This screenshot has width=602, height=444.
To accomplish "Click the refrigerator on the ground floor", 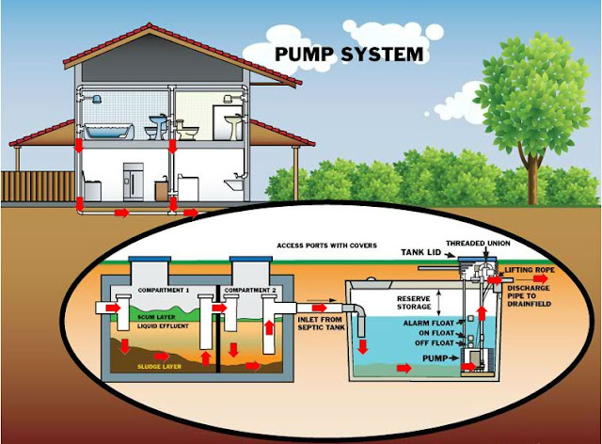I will point(135,183).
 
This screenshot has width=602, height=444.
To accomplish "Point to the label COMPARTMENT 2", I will point(247,289).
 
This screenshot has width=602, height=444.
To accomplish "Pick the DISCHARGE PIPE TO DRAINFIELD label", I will point(541,293).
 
